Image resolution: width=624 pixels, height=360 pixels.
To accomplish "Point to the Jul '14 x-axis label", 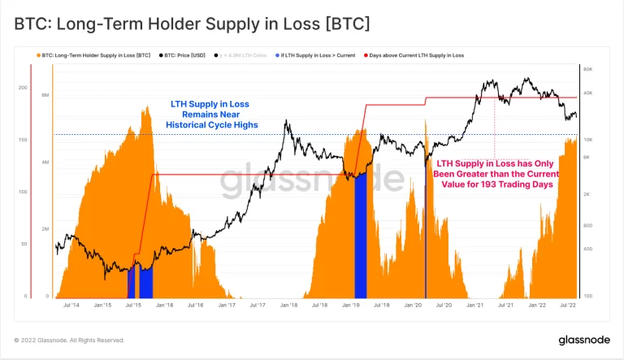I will click(x=71, y=306).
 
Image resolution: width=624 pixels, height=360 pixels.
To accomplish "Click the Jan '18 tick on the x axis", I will click(x=288, y=306).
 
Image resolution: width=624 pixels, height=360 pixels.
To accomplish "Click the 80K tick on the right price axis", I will click(x=590, y=70).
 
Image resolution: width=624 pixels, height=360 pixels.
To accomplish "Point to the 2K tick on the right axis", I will click(x=588, y=195).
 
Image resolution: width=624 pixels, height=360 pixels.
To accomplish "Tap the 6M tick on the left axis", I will click(x=45, y=96).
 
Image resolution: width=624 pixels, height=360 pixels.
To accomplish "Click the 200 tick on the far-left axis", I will click(x=23, y=87).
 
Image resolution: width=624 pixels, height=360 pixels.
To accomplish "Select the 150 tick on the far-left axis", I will click(x=23, y=140).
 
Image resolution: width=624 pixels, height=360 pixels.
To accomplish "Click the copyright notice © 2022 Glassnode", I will click(x=70, y=340).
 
